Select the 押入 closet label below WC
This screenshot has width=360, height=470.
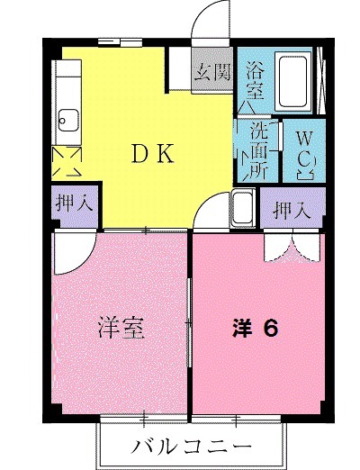(x=292, y=212)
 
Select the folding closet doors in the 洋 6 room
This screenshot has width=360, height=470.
(x=291, y=248)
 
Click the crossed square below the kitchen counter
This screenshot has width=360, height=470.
(x=68, y=162)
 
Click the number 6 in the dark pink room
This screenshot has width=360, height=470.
(x=269, y=327)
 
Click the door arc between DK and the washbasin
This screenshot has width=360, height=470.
(x=216, y=214)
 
